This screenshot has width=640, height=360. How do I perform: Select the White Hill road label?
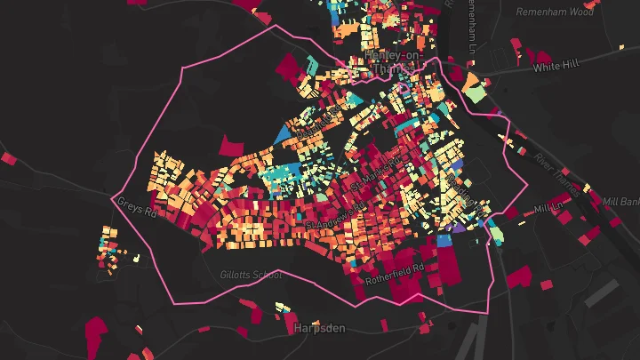point(555,67)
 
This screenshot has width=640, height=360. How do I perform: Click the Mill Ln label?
point(549,209)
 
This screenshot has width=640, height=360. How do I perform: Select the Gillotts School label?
point(251,275)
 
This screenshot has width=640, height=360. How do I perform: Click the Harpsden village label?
point(319,328)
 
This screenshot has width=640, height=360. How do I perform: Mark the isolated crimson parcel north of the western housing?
point(230,146)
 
